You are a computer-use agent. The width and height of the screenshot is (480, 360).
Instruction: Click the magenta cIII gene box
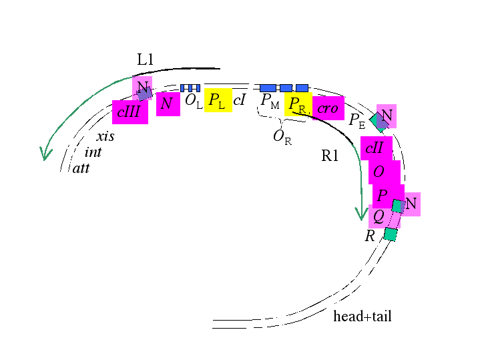130,112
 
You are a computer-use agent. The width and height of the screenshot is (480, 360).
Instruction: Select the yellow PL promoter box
218,100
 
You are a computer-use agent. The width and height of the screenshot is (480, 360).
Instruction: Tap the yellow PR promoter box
298,104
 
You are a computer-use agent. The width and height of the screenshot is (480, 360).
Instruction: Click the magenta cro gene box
328,108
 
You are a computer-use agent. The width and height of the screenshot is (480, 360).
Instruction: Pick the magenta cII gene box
377,148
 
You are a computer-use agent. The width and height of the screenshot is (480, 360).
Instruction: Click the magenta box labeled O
384,172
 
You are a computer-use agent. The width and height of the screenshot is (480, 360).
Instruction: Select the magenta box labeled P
388,196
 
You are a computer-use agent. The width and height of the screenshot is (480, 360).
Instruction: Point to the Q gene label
379,216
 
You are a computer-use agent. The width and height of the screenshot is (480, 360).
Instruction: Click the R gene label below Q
370,236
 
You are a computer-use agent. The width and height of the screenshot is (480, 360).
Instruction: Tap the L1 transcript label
145,59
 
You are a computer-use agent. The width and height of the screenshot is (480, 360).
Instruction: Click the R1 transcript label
330,156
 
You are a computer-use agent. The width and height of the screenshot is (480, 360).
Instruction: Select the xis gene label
105,136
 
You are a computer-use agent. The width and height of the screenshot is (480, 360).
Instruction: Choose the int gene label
93,152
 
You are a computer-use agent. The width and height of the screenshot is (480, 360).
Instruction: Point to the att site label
81,168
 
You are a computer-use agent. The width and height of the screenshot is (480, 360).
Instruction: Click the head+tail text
363,316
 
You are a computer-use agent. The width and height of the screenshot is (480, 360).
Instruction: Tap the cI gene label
240,100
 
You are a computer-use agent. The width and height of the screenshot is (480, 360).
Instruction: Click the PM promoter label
270,101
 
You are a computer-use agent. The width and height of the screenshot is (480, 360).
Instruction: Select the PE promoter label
357,121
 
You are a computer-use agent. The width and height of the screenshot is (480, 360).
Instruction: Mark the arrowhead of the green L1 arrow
45,159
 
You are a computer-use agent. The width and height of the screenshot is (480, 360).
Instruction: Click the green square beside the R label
391,234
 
